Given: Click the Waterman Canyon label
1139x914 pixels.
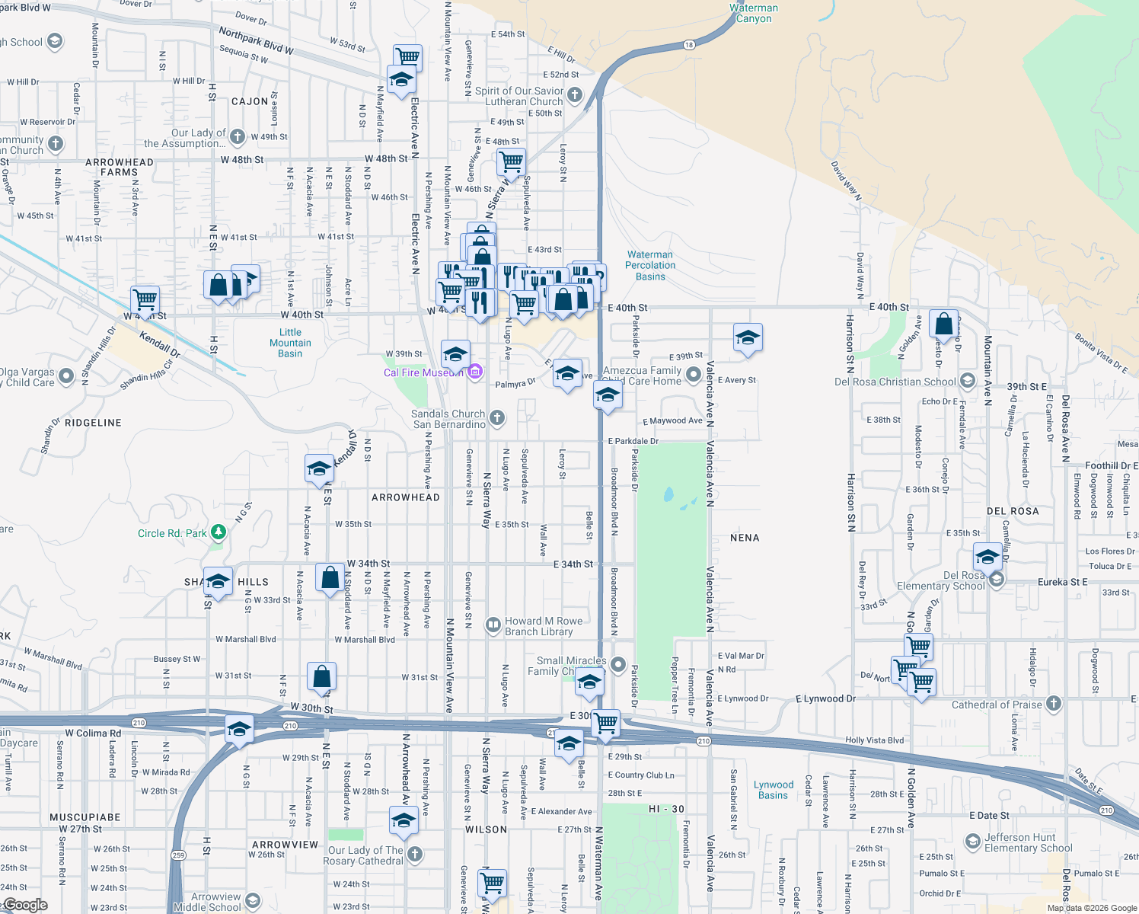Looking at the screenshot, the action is pyautogui.click(x=754, y=14).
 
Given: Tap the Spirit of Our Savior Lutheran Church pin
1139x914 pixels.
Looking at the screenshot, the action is pyautogui.click(x=575, y=95).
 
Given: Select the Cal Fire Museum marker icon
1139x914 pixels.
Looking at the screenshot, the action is pyautogui.click(x=475, y=372).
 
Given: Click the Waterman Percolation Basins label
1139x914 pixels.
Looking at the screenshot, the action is pyautogui.click(x=650, y=266).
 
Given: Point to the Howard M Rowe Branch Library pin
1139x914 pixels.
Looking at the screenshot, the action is pyautogui.click(x=493, y=626).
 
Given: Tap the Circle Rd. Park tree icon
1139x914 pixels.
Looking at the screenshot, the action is pyautogui.click(x=219, y=532).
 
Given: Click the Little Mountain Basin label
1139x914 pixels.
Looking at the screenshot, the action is pyautogui.click(x=290, y=343).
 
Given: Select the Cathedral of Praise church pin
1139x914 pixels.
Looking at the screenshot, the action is pyautogui.click(x=1054, y=704).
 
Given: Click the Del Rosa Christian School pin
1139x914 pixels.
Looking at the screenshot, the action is pyautogui.click(x=967, y=381).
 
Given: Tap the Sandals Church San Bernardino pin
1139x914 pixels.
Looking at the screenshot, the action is pyautogui.click(x=496, y=417).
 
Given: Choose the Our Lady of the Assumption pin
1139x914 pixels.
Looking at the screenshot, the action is pyautogui.click(x=238, y=136).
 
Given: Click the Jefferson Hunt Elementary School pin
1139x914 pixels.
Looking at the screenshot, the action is pyautogui.click(x=972, y=842).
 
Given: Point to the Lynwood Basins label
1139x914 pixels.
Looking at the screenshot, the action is pyautogui.click(x=774, y=790).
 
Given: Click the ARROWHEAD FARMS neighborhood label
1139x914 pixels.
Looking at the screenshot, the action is pyautogui.click(x=120, y=167).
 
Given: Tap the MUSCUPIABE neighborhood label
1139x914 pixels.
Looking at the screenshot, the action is pyautogui.click(x=85, y=817).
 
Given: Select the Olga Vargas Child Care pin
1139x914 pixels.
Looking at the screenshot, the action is pyautogui.click(x=66, y=376).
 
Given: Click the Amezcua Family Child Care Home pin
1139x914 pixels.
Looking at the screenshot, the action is pyautogui.click(x=693, y=374).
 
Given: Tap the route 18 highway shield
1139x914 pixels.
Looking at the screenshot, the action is pyautogui.click(x=689, y=45).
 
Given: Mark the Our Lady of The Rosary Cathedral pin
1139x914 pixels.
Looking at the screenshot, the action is pyautogui.click(x=414, y=854).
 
